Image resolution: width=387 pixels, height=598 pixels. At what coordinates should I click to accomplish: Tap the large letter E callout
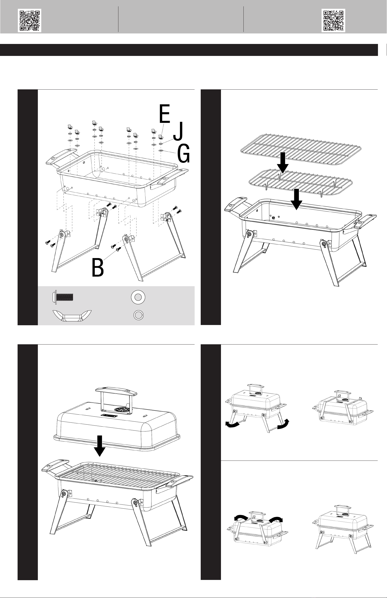165,114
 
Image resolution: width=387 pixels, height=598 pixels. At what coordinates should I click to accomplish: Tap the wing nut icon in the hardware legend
72,315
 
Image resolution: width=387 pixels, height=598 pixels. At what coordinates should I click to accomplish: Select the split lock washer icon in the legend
138,315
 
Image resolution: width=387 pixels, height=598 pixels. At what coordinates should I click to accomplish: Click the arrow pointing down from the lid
100,446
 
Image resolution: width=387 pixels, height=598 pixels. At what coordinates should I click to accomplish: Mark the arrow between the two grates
283,163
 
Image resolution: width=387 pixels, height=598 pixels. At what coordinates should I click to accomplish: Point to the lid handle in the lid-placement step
117,392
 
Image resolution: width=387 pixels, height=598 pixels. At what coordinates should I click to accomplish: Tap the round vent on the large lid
123,410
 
